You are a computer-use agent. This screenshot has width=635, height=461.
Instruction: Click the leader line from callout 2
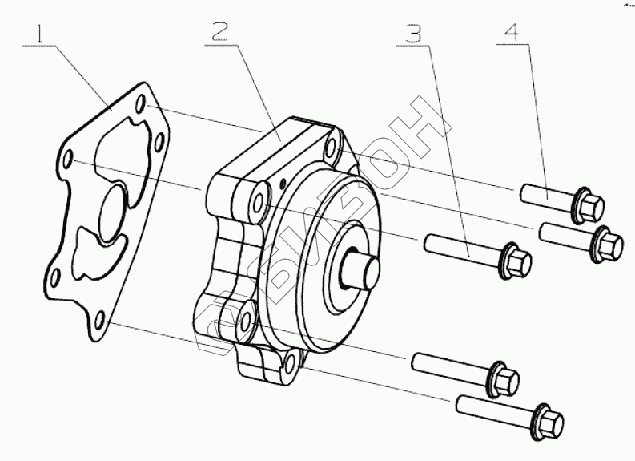point(248,80)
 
